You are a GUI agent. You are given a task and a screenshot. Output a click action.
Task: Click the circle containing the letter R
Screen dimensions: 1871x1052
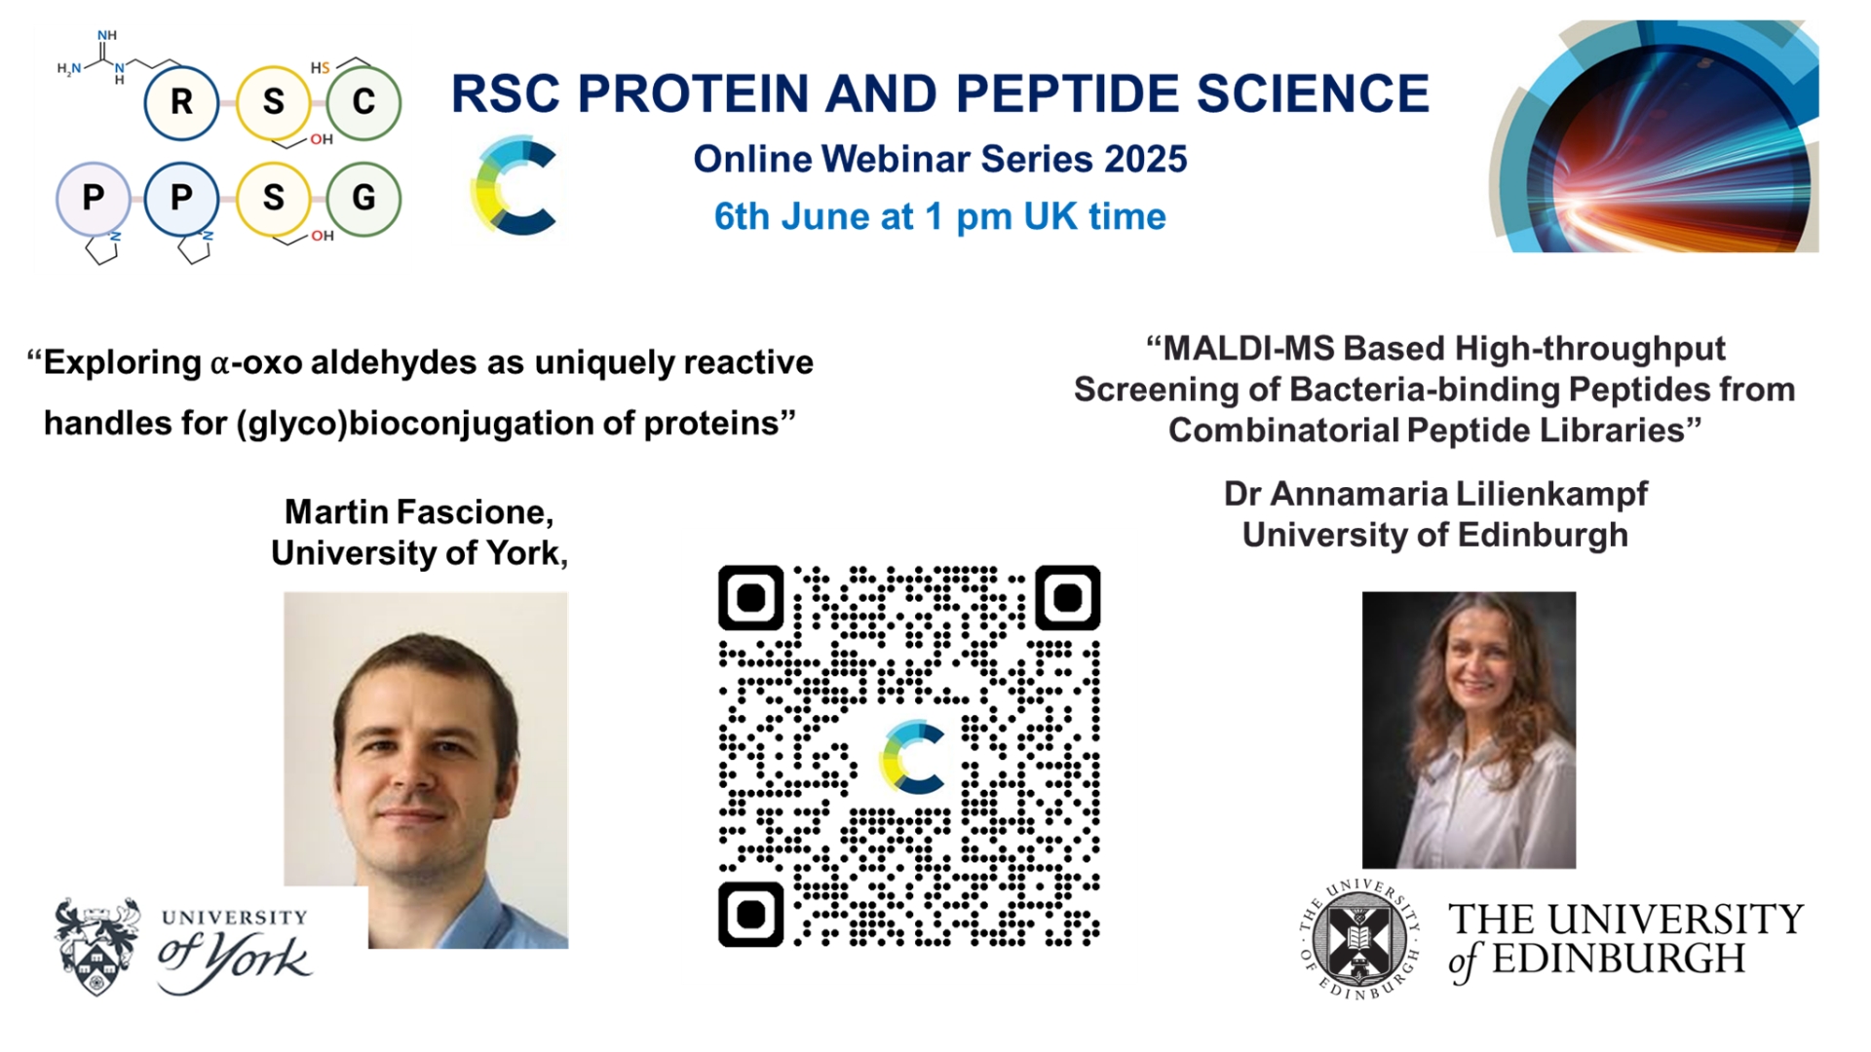(181, 102)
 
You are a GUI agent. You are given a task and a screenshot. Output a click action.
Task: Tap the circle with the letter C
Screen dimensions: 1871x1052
(363, 102)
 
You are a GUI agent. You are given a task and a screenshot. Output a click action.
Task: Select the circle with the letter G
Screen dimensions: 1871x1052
(363, 199)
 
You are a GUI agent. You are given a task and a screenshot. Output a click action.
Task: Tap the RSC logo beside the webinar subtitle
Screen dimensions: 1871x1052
(514, 186)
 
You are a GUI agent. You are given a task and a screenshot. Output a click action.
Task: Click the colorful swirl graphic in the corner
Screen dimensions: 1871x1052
(1655, 136)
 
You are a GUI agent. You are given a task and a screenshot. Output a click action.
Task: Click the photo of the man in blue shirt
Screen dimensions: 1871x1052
(426, 770)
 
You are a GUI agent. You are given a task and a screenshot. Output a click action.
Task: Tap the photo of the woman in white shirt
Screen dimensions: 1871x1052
(1469, 730)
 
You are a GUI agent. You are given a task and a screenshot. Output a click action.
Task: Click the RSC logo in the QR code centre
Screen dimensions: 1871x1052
(913, 757)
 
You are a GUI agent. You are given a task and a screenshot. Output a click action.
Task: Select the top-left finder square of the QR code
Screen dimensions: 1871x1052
(751, 597)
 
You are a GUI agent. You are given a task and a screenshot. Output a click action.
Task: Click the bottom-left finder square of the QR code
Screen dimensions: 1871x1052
(751, 915)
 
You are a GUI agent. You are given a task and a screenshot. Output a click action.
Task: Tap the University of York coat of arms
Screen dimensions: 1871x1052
(96, 946)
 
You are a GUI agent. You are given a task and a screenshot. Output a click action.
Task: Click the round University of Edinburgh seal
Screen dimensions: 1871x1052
(1359, 938)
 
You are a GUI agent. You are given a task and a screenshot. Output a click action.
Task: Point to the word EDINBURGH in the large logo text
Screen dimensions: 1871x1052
(1618, 959)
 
